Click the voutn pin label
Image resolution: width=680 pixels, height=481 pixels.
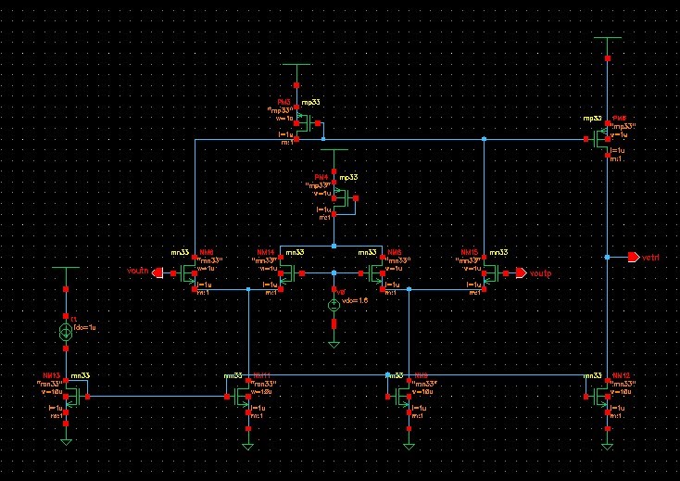click(x=138, y=271)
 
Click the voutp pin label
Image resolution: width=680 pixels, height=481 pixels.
click(x=540, y=272)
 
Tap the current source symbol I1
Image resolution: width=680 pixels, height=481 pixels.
click(x=66, y=332)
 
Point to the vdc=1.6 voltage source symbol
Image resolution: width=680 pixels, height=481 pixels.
click(x=334, y=305)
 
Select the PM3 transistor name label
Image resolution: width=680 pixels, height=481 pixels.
click(x=284, y=101)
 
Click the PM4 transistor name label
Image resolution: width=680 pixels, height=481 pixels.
click(x=321, y=176)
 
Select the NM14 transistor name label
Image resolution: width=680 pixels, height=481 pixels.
click(x=266, y=251)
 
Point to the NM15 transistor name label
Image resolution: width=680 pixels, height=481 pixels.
click(x=470, y=251)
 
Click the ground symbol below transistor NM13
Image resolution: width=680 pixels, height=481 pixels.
click(x=66, y=441)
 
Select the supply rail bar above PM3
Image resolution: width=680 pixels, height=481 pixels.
click(x=297, y=66)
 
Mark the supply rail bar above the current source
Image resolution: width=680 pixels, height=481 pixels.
click(x=66, y=267)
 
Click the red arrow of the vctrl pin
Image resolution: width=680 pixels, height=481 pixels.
click(x=633, y=256)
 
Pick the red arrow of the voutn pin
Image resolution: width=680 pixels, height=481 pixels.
click(x=157, y=272)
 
